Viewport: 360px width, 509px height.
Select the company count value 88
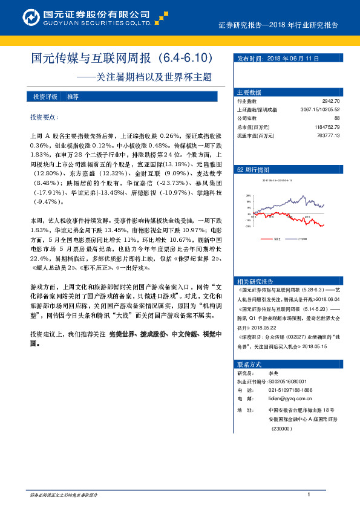coord(336,118)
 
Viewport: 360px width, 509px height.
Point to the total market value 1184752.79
coord(327,127)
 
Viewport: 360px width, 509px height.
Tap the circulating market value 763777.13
coord(328,135)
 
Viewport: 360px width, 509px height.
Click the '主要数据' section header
coord(249,92)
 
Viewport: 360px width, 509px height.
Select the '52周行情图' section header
coord(250,170)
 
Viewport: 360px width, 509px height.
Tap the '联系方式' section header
coord(249,365)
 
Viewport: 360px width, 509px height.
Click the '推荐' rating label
coord(73,97)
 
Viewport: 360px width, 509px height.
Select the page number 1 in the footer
coord(309,494)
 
